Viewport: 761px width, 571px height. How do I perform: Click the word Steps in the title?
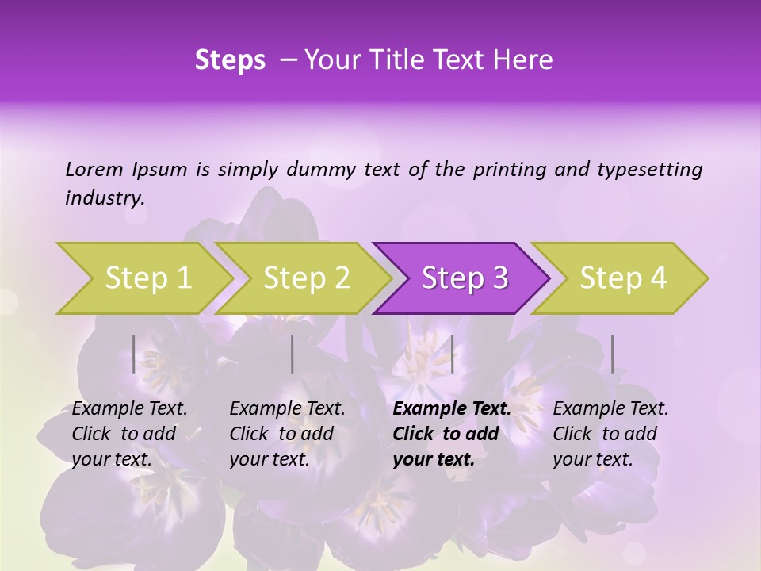coord(230,60)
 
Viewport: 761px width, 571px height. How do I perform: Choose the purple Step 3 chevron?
coord(465,278)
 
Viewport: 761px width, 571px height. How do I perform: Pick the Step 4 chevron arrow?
coord(623,278)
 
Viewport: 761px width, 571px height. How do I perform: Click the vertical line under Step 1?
coord(134,354)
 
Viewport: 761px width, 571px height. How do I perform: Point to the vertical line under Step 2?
coord(293,354)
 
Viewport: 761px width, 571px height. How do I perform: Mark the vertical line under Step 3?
coord(453,354)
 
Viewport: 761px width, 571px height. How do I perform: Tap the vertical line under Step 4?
coord(613,354)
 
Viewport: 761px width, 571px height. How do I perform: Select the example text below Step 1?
coord(129,434)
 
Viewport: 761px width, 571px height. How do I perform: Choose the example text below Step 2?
coord(287,434)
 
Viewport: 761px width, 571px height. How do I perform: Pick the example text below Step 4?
coord(610,434)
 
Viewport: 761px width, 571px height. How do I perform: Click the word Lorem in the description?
coord(94,169)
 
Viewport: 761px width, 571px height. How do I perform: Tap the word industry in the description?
coord(104,197)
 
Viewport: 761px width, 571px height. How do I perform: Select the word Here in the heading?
coord(525,60)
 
